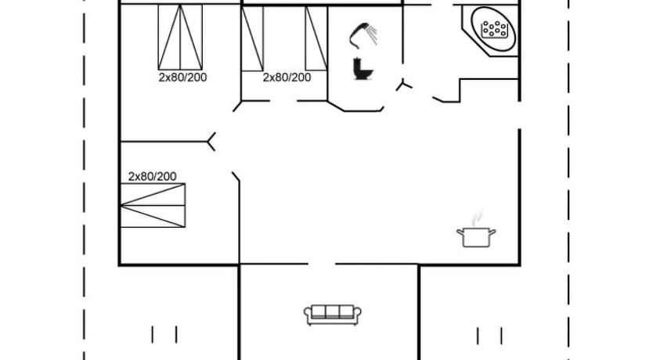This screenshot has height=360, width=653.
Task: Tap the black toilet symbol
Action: coord(363,69)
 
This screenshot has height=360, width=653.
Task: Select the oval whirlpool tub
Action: coord(493,29)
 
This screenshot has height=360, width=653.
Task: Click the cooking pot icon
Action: coord(476,237)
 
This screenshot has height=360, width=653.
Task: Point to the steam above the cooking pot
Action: coord(478,218)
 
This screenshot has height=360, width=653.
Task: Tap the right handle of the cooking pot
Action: coord(492,232)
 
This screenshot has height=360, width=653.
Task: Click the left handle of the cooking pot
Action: coord(460,232)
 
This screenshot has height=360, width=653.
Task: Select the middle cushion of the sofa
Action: coord(332,311)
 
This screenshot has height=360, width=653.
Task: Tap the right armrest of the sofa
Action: coord(357,315)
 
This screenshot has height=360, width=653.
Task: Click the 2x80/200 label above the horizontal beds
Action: coord(152,176)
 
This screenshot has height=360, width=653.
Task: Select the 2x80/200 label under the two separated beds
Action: coord(287,77)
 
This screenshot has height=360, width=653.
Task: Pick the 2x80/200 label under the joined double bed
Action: coord(182,77)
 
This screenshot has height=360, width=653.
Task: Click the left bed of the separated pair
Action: coord(252,38)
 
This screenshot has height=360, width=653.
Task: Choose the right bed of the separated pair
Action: coord(316,38)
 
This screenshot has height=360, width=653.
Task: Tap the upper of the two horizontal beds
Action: coord(153,194)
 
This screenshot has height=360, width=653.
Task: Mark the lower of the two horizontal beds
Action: coord(153,216)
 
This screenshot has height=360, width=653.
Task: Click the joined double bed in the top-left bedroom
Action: coord(180,37)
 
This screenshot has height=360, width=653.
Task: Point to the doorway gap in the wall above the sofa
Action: coord(322,264)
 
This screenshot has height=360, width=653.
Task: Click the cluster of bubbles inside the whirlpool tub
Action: coord(494,30)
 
